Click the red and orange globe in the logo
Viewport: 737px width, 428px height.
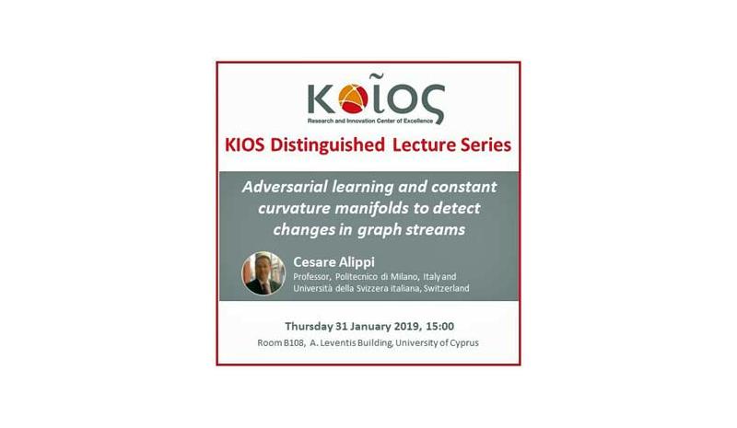pyautogui.click(x=353, y=98)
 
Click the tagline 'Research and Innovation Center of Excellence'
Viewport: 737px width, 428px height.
pyautogui.click(x=370, y=121)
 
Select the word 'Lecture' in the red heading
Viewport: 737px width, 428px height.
pyautogui.click(x=424, y=145)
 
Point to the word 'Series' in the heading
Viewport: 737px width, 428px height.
pyautogui.click(x=485, y=145)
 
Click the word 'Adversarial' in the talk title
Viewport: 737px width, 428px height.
pyautogui.click(x=285, y=187)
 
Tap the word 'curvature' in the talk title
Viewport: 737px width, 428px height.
pyautogui.click(x=294, y=208)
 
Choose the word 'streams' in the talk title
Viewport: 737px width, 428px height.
pyautogui.click(x=435, y=229)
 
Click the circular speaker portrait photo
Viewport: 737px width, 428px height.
pyautogui.click(x=263, y=273)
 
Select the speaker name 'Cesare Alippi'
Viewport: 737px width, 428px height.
pyautogui.click(x=333, y=262)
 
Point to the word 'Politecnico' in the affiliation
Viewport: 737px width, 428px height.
pyautogui.click(x=357, y=277)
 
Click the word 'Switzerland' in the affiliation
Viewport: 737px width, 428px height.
pyautogui.click(x=446, y=288)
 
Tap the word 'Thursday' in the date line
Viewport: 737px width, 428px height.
pyautogui.click(x=309, y=326)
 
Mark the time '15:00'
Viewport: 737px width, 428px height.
pyautogui.click(x=440, y=326)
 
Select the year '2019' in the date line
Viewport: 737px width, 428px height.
pyautogui.click(x=407, y=326)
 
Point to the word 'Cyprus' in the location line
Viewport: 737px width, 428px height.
pyautogui.click(x=464, y=343)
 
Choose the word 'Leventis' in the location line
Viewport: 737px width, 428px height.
pyautogui.click(x=337, y=343)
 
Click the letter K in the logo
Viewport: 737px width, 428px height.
pyautogui.click(x=322, y=98)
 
